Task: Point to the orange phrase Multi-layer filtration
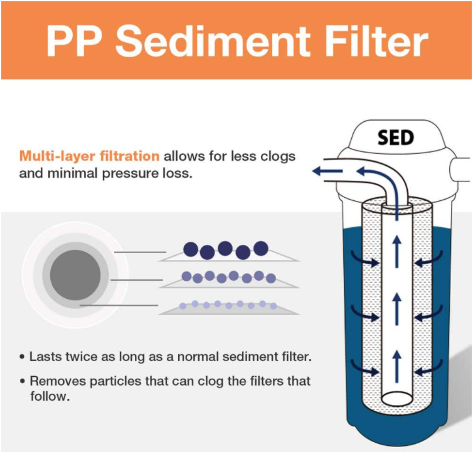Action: click(89, 156)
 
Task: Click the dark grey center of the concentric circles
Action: click(75, 274)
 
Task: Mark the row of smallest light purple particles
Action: click(228, 305)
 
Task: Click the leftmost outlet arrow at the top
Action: click(327, 170)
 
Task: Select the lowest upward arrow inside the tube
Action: click(396, 363)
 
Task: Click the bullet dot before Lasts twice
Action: click(23, 357)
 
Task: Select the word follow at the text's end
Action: click(48, 396)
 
